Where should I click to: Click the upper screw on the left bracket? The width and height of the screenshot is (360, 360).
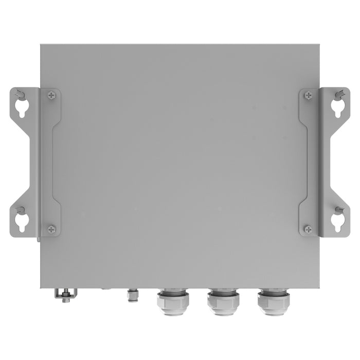(51, 95)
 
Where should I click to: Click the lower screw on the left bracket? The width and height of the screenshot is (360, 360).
(51, 229)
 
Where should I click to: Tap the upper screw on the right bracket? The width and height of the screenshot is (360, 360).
(308, 95)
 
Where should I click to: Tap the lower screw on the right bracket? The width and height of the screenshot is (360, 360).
(308, 229)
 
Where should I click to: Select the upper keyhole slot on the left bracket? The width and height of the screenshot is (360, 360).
(21, 106)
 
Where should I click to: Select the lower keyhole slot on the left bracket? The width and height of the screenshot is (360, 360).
(21, 221)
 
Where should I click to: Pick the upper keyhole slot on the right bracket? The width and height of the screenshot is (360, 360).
(338, 106)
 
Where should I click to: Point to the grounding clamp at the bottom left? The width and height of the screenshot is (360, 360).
(64, 295)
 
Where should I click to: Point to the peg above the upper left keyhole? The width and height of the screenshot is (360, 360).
(19, 94)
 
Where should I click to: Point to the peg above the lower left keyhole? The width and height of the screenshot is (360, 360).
(19, 209)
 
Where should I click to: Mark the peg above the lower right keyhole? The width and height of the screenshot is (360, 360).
(340, 210)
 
